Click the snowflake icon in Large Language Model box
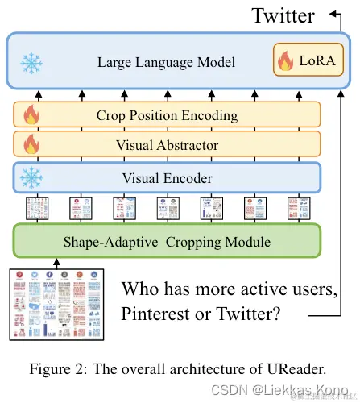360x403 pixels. coord(31,62)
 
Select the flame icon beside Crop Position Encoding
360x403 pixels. coord(31,115)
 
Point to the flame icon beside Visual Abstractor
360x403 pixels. coord(31,145)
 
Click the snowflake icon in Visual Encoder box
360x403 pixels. coord(31,177)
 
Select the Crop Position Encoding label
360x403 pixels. coord(167,115)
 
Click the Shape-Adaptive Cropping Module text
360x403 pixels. coord(166,240)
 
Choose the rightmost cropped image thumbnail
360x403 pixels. coord(299,209)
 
